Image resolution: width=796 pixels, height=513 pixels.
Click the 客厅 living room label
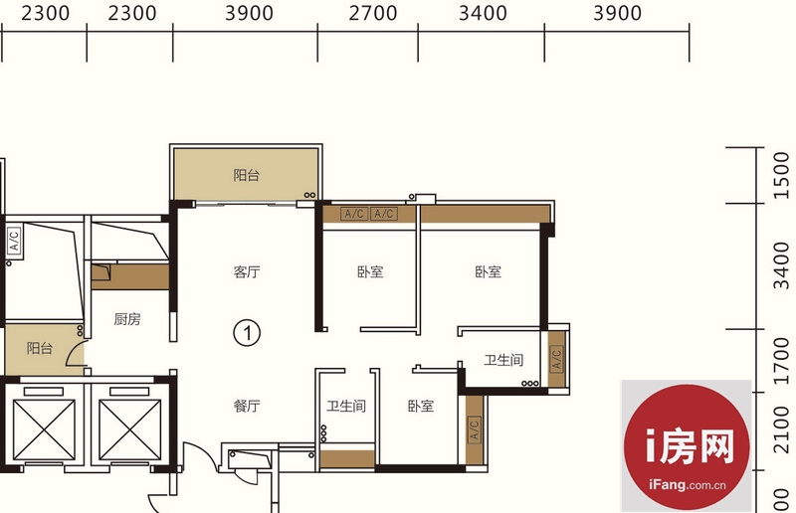(x=247, y=272)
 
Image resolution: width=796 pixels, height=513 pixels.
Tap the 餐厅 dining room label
(x=247, y=406)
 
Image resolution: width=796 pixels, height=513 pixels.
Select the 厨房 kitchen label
(x=127, y=319)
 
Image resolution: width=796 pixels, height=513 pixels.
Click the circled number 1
(x=247, y=333)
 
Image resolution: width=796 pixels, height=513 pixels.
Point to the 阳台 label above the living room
(x=247, y=175)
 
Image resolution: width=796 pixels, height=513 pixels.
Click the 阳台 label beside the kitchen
(x=40, y=348)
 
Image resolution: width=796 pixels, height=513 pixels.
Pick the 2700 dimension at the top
(x=372, y=13)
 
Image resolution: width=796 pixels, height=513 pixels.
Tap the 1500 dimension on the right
(x=782, y=176)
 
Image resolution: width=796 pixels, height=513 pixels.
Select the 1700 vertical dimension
(x=782, y=361)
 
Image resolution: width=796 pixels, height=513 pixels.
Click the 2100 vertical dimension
(x=782, y=430)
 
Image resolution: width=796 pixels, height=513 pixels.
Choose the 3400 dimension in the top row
(x=483, y=13)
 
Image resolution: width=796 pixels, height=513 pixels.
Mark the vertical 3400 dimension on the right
(x=782, y=265)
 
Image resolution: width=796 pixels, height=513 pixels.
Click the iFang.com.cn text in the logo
(x=688, y=485)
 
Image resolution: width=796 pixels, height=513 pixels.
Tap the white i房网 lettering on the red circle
(x=690, y=446)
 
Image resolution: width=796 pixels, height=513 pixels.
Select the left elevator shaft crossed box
(x=44, y=429)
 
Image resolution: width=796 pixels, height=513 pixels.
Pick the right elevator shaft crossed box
(x=130, y=429)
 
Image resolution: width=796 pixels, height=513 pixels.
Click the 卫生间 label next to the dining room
(x=345, y=406)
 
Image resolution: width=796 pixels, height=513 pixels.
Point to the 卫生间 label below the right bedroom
(x=503, y=360)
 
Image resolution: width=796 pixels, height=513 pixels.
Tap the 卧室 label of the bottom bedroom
(x=421, y=406)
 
